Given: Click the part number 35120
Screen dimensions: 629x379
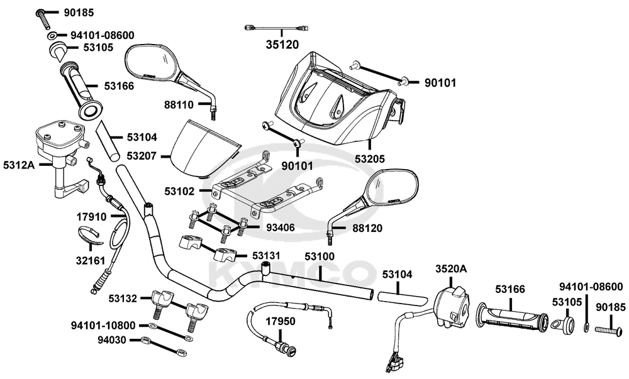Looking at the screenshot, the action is click(x=282, y=45).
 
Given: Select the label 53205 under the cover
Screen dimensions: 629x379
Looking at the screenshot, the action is click(x=369, y=159).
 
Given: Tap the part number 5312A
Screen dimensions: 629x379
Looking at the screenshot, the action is click(x=19, y=165).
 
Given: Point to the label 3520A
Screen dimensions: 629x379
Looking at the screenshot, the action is click(x=451, y=268).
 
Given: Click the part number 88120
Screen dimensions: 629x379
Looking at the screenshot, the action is click(x=367, y=228).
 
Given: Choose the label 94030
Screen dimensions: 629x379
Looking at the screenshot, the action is click(x=112, y=340).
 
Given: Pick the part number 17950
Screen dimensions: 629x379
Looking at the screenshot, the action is click(x=281, y=321).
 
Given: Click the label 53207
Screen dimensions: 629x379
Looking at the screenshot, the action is click(x=142, y=155).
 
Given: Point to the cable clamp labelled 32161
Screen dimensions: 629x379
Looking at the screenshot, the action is click(x=90, y=236).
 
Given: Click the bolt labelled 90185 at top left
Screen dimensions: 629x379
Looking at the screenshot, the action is click(x=44, y=19).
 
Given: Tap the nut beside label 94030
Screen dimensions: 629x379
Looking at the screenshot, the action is click(x=145, y=341).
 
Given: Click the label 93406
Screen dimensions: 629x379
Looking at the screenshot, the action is click(x=280, y=228).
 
